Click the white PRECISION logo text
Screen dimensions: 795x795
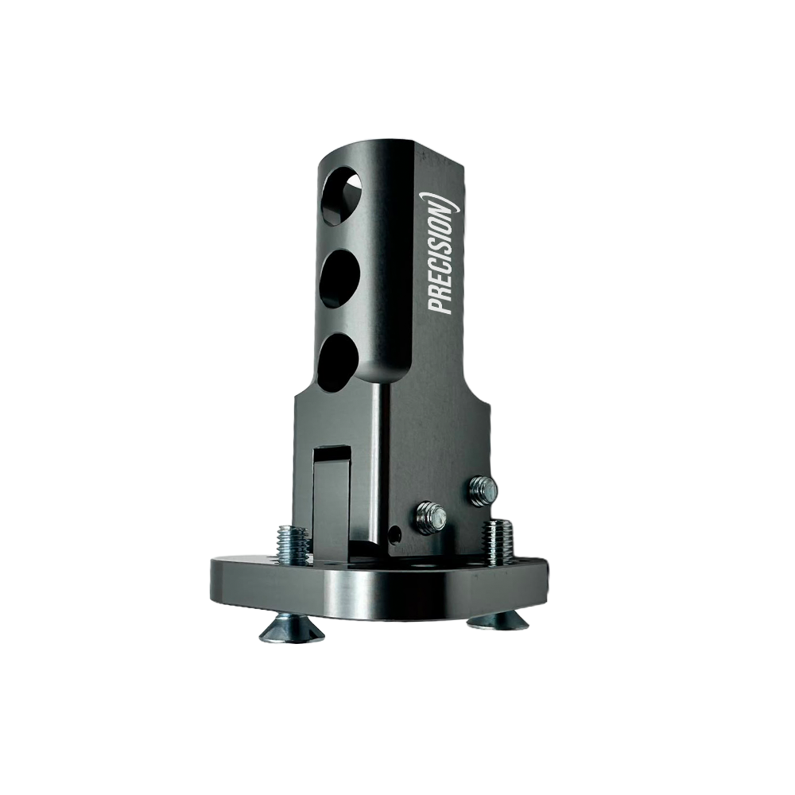(440, 254)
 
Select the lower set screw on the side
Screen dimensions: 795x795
(431, 518)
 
